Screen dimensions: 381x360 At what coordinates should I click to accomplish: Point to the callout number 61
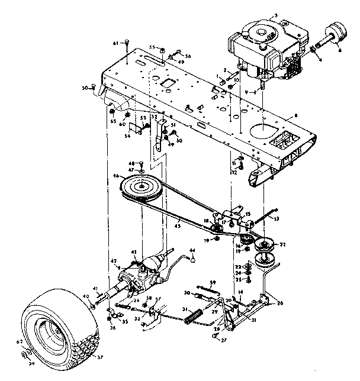(116, 43)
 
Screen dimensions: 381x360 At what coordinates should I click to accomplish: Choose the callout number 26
(280, 303)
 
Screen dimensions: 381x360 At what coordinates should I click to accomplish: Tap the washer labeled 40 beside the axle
(95, 303)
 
